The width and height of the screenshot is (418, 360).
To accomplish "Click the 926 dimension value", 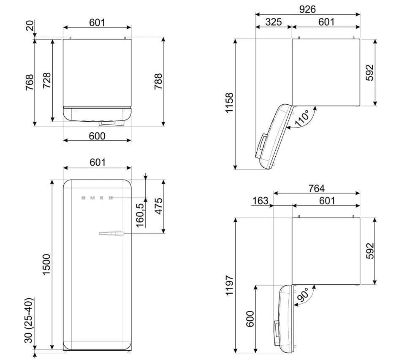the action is point(307,9).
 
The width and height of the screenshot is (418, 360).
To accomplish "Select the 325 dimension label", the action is point(274,22).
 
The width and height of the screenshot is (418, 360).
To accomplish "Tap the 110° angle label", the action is point(302,118).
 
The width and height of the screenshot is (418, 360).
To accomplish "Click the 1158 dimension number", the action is point(230,103).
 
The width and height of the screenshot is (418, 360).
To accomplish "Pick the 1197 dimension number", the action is point(230,285).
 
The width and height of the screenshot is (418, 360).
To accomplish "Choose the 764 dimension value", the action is point(316,188).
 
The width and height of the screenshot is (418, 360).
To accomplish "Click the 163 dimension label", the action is point(260,201).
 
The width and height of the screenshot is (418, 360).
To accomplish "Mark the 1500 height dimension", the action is point(46,265).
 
